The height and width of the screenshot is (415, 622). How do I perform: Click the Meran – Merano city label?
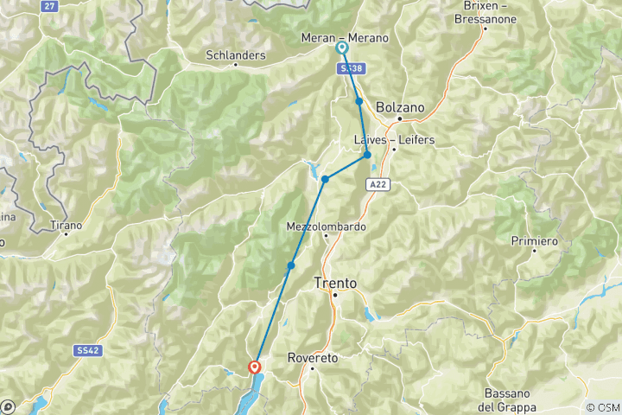[x=345, y=38]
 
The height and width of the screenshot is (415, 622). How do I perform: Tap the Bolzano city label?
[x=401, y=107]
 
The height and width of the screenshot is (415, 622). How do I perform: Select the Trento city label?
[x=335, y=283]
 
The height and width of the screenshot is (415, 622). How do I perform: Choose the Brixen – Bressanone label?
[x=485, y=12]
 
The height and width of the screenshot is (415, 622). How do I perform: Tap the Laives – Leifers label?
[x=394, y=139]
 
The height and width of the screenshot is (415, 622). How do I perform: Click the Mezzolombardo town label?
[x=326, y=227]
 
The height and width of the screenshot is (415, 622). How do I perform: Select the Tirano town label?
[x=67, y=225]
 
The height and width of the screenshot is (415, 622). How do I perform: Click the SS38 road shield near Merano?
[x=350, y=67]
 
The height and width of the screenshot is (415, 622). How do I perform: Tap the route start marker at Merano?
[x=342, y=48]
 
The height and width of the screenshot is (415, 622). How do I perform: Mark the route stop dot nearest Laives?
[x=367, y=155]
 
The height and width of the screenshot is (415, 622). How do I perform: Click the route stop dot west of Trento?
[x=292, y=265]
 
